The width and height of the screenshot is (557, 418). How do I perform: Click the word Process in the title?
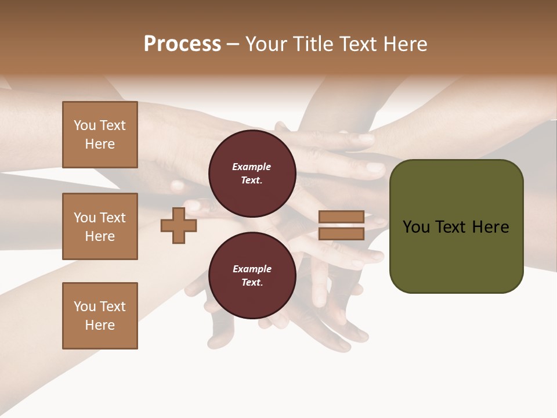[182, 44]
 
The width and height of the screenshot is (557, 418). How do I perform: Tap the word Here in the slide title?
[405, 44]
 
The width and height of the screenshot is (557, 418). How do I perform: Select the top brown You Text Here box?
[100, 135]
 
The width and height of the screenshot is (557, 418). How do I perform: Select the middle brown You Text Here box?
[100, 226]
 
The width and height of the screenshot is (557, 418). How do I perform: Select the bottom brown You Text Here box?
[100, 316]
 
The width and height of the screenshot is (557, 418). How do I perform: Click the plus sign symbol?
[179, 225]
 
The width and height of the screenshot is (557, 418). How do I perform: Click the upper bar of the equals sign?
[341, 217]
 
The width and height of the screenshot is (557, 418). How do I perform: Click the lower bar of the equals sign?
[341, 233]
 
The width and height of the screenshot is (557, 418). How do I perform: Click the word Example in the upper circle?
[252, 167]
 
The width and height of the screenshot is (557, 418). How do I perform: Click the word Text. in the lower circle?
[252, 283]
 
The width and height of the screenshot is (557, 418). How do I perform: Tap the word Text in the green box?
[451, 227]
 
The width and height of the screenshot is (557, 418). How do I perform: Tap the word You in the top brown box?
[85, 125]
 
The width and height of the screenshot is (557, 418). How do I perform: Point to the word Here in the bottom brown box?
[100, 325]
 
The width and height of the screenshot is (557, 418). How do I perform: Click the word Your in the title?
[266, 44]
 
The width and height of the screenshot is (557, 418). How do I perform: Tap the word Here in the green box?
[490, 227]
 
